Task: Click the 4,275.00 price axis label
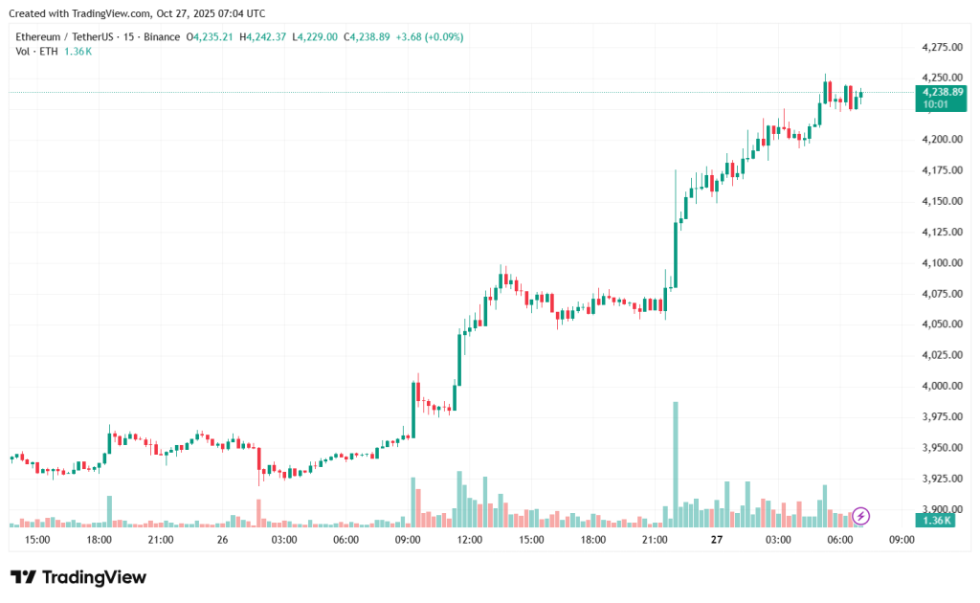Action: tap(940, 47)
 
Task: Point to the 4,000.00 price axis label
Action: tap(940, 386)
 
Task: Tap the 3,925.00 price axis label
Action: tap(940, 478)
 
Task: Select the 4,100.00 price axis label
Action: tap(940, 262)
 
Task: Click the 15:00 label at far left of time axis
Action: tap(37, 540)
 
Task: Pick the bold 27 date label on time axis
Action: tap(716, 540)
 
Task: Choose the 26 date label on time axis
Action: tap(222, 540)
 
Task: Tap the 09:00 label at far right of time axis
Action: tap(902, 540)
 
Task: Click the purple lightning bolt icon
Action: tap(860, 517)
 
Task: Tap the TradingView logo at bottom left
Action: tap(78, 577)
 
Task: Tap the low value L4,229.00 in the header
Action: tap(316, 37)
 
